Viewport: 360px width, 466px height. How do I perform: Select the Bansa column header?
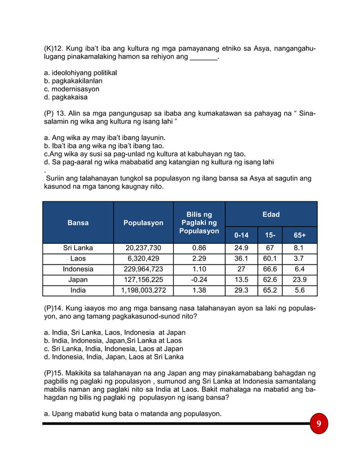point(78,223)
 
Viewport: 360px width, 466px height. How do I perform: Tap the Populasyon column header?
point(143,223)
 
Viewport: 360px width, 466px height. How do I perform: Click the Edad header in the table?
point(271,214)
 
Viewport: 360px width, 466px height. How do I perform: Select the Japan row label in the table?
point(78,280)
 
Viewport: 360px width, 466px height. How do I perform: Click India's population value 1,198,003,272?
point(143,291)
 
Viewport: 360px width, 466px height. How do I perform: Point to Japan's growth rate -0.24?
point(199,280)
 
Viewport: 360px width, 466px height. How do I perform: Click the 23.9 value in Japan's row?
point(300,280)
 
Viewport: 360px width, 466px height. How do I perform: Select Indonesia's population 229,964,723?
point(143,269)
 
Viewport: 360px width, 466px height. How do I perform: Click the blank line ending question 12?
point(203,58)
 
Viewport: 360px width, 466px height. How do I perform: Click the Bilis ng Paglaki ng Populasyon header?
point(199,223)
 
